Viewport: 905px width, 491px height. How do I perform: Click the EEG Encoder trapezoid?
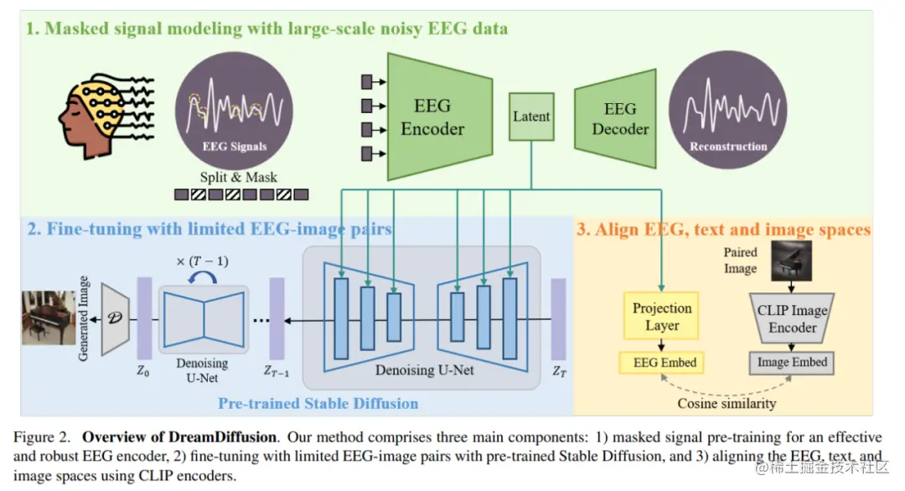[440, 116]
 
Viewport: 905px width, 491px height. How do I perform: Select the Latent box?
[531, 116]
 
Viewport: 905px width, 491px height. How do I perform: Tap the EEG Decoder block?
[616, 119]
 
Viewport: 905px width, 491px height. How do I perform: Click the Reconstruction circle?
[728, 110]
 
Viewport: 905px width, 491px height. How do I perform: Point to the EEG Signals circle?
[234, 111]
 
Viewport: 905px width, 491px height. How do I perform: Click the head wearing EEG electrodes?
[106, 116]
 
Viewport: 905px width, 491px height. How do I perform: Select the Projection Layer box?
[661, 316]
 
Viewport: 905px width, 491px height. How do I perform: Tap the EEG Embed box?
[661, 363]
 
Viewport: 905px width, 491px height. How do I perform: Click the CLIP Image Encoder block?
[792, 318]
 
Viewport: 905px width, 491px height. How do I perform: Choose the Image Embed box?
[792, 363]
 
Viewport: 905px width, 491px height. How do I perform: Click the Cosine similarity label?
[727, 403]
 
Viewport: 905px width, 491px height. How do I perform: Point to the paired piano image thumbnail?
[791, 261]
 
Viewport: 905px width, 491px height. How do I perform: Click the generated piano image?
[49, 318]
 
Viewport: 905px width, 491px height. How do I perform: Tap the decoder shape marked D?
[115, 318]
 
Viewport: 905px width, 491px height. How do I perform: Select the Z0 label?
[143, 371]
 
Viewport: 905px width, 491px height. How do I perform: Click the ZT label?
[559, 371]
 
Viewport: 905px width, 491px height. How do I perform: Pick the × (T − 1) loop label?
[202, 261]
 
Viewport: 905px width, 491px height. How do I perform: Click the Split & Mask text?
[238, 177]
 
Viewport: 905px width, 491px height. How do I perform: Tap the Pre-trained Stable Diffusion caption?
[318, 403]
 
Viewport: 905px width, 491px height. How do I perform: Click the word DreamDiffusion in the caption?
[222, 437]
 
